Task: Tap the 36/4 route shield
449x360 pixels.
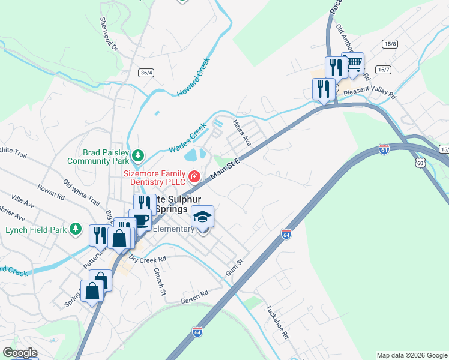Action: click(x=146, y=73)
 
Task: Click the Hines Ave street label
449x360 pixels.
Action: click(x=241, y=133)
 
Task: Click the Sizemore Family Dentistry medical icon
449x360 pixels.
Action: click(x=194, y=176)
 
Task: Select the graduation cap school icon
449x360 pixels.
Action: click(x=203, y=216)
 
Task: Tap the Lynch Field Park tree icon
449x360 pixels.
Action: click(x=75, y=229)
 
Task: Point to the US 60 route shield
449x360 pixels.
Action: click(x=420, y=163)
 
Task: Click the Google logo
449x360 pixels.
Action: click(x=19, y=353)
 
